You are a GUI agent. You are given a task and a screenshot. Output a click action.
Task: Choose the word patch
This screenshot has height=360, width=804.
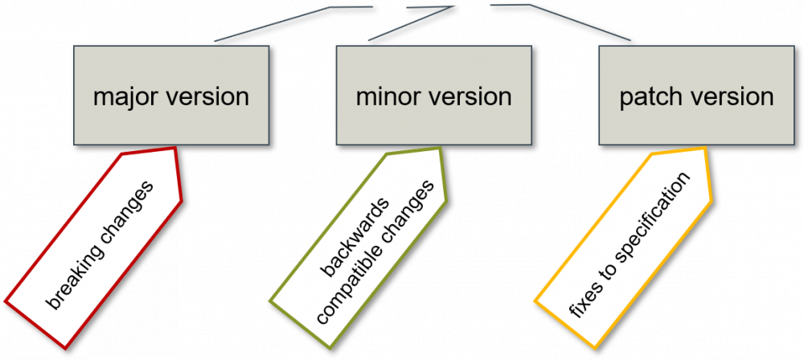coord(648,98)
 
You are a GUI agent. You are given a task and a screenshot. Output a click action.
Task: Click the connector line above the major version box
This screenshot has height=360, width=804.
coord(273,24)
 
